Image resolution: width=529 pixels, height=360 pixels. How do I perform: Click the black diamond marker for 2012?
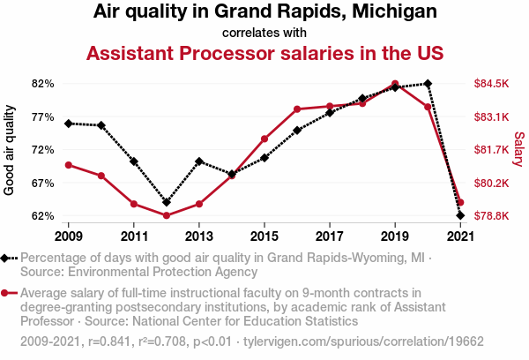[x=167, y=202]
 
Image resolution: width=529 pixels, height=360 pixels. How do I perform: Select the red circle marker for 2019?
[x=395, y=85]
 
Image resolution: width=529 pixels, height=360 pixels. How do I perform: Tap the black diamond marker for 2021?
[x=460, y=215]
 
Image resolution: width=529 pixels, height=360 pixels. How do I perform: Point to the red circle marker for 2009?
[x=69, y=165]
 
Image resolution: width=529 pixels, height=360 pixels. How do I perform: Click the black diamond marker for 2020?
[x=428, y=84]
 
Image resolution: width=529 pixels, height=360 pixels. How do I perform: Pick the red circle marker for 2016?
[x=297, y=109]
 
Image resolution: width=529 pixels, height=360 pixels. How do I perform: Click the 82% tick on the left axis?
[x=43, y=84]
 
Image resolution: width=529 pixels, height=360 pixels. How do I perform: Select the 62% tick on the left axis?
[x=43, y=216]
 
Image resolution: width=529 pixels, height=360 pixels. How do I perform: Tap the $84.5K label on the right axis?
[x=492, y=84]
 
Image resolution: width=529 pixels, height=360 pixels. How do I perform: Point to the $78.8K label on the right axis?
[x=492, y=216]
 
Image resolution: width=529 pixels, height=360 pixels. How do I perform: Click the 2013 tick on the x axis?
[x=199, y=236]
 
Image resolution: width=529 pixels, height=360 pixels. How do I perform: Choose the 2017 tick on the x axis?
[x=330, y=236]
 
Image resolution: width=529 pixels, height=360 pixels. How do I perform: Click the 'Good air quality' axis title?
[x=10, y=150]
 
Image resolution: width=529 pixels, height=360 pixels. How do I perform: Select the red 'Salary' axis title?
[x=519, y=150]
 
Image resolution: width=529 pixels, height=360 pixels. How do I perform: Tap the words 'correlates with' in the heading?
[x=264, y=34]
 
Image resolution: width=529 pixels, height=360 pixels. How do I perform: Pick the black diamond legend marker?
[x=7, y=258]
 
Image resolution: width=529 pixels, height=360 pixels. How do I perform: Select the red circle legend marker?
[x=7, y=293]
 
